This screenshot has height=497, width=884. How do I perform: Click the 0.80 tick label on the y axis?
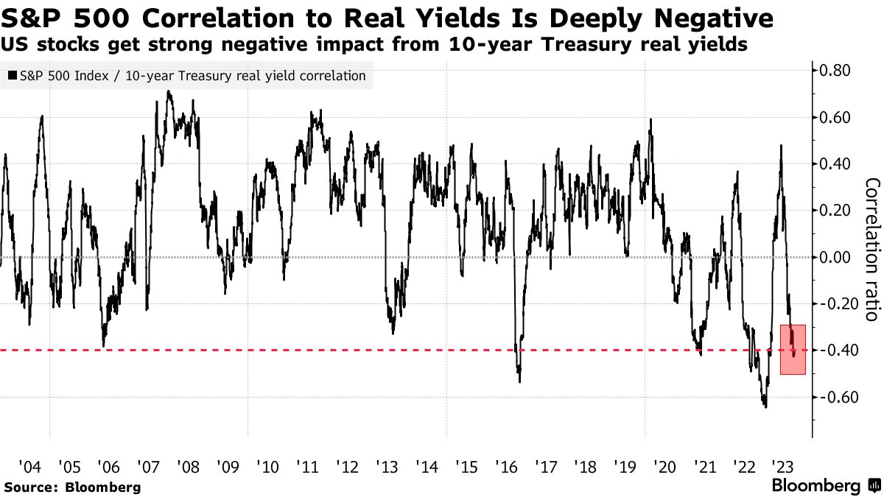[835, 71]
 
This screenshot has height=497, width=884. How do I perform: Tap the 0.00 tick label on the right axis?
[835, 257]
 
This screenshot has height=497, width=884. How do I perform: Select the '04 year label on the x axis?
[29, 467]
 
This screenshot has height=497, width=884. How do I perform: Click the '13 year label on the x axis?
[386, 467]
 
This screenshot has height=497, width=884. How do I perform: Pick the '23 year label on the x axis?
[781, 467]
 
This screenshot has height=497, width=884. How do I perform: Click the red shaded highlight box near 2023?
[793, 350]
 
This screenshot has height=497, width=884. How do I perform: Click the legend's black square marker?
[13, 76]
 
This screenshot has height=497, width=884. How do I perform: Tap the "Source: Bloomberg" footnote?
[71, 487]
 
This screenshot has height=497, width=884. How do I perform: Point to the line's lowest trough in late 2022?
[765, 406]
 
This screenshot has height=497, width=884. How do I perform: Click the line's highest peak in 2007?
[169, 91]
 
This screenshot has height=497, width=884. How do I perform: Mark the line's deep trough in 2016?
[519, 381]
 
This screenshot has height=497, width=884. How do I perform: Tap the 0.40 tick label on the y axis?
[835, 163]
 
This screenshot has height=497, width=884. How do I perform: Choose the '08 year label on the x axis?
[188, 467]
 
